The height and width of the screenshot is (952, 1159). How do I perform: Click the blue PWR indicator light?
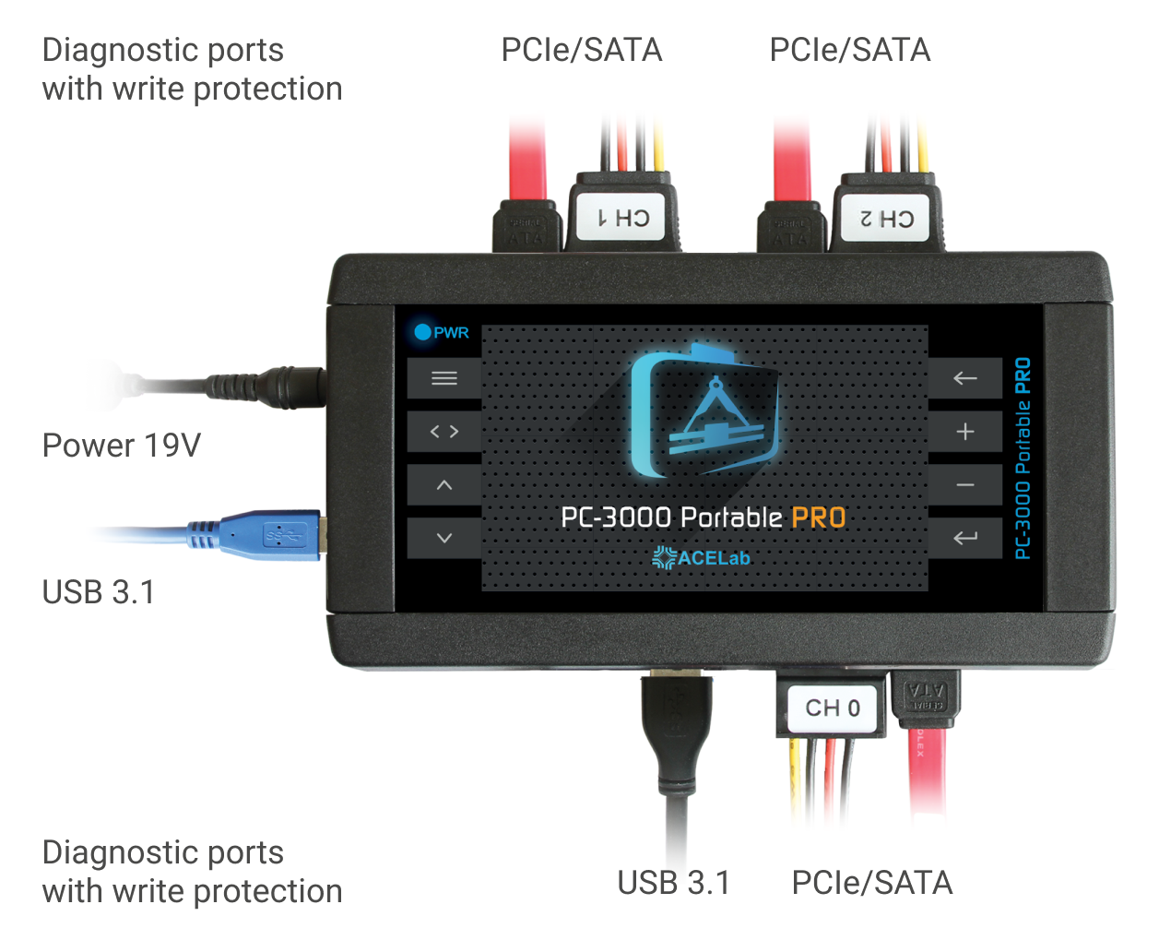click(422, 332)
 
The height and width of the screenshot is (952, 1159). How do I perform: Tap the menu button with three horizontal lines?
click(444, 378)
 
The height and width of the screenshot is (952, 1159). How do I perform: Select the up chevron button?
click(444, 485)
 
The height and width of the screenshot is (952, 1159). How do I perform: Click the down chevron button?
click(444, 538)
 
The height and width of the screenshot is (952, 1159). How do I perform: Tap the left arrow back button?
click(964, 378)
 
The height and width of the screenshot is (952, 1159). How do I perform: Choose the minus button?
click(964, 485)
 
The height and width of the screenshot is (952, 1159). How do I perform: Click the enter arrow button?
click(964, 538)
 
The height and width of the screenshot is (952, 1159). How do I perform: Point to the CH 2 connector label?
click(887, 219)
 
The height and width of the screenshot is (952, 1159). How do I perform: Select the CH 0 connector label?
click(832, 708)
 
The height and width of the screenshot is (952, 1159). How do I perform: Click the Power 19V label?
click(122, 446)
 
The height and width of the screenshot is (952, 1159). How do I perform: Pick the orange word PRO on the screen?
click(819, 518)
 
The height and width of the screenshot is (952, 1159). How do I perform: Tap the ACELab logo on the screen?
click(702, 558)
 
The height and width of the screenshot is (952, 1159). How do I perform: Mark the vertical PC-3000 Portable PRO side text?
click(1023, 458)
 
